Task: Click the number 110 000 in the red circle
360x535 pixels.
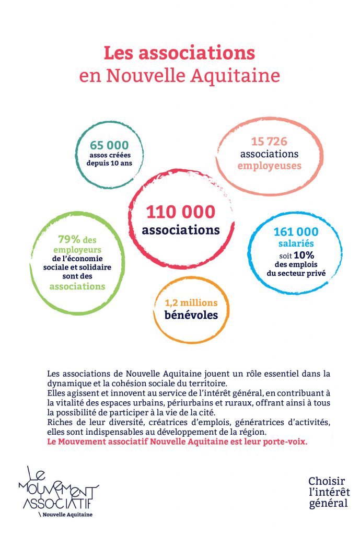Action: coord(180,212)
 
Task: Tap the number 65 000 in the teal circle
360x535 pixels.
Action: coord(109,145)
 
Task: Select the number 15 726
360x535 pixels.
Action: coord(269,141)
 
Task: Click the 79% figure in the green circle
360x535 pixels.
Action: coord(69,239)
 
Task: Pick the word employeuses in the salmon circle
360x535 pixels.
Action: coord(269,166)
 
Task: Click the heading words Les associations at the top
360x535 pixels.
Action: coord(179,53)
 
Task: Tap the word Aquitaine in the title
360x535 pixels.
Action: coord(245,76)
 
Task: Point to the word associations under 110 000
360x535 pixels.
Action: coord(181,229)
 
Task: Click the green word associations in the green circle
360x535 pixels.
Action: coord(77,286)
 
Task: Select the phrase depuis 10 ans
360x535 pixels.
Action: coord(109,163)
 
